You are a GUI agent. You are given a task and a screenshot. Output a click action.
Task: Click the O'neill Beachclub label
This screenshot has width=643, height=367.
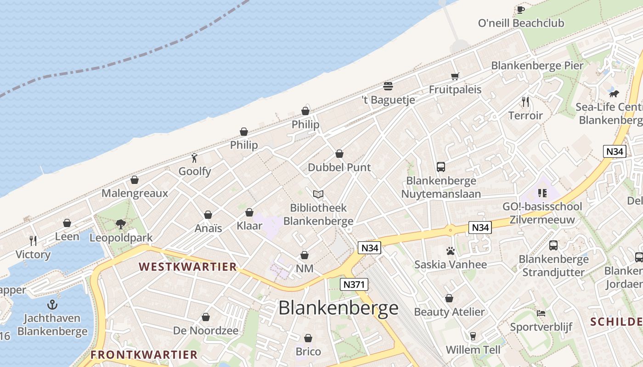[x=521, y=23]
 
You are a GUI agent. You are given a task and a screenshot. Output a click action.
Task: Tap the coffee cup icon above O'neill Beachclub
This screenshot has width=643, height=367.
[x=520, y=10]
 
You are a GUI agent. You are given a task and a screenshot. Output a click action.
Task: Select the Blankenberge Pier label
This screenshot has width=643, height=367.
[x=537, y=66]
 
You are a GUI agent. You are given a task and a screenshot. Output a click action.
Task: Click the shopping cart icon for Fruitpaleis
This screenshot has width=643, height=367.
[x=455, y=76]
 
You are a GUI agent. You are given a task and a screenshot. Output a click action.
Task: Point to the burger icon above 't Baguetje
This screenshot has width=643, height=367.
[x=388, y=86]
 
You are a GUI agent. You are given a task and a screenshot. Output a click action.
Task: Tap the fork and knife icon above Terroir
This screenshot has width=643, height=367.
[x=525, y=101]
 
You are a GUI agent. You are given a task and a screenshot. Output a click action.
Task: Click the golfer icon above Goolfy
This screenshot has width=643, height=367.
[x=195, y=158]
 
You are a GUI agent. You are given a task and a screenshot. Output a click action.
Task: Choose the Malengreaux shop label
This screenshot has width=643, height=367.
[x=135, y=193]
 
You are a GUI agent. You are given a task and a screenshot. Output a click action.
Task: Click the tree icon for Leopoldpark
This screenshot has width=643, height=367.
[x=121, y=224]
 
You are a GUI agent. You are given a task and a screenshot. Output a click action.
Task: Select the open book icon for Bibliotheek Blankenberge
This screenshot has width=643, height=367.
[x=318, y=195]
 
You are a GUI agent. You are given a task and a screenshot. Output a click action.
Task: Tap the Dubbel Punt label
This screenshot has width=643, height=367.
[x=339, y=167]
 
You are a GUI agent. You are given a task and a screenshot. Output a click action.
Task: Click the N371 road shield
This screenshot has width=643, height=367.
[x=354, y=284]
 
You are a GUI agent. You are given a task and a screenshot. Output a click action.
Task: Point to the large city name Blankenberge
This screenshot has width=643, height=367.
[x=338, y=308]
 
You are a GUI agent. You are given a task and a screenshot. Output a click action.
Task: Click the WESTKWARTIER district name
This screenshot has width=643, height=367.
[x=188, y=267]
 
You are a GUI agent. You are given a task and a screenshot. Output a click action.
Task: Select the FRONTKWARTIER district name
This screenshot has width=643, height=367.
[x=144, y=355]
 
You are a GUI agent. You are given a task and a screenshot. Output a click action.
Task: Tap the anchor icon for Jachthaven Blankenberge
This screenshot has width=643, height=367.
[x=52, y=305]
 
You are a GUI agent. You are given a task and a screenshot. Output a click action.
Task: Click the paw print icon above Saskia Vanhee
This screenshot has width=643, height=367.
[x=450, y=251]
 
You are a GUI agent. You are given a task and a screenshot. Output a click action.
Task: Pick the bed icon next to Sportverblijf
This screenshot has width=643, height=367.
[x=541, y=313]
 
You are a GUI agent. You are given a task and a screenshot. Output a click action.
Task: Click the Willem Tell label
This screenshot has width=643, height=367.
[x=473, y=350]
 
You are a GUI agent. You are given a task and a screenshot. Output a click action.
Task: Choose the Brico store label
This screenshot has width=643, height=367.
[x=308, y=352]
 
